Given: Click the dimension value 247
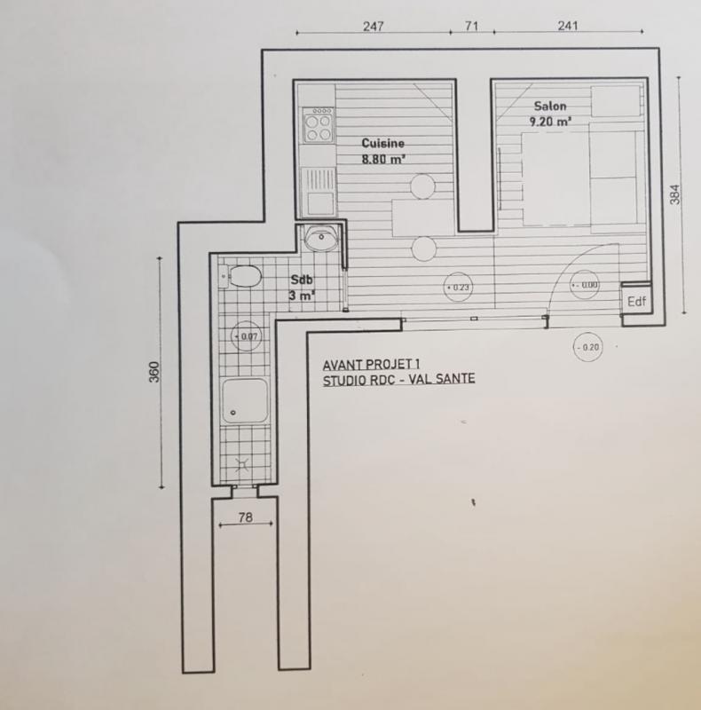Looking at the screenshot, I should coord(373,26).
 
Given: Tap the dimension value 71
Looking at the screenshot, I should coord(470,26).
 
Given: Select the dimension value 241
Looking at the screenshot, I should coord(567,26).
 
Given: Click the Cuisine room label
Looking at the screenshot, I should coord(382,143).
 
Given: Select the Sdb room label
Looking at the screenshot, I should coord(303,280).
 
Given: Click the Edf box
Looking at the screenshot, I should coord(635,301).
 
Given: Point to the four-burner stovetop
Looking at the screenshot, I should coord(318,125).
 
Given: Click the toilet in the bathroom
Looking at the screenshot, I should coord(240,277).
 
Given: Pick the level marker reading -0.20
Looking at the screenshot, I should coord(587,346).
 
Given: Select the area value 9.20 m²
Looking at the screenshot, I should coord(550,122).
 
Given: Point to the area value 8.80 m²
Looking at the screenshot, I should coord(383,160).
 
